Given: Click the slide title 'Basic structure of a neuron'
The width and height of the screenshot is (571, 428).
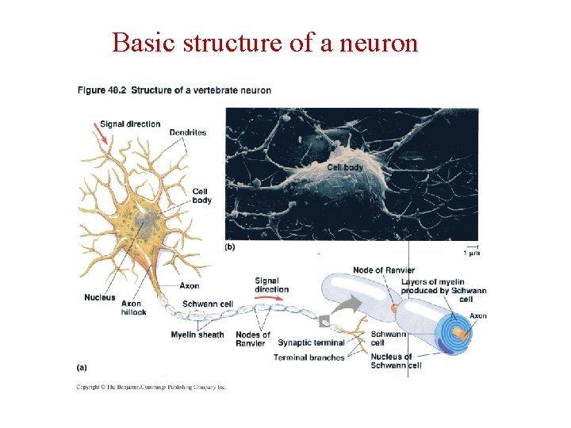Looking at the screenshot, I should [x=265, y=42].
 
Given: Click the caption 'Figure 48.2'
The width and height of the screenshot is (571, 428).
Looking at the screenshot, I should [x=102, y=90].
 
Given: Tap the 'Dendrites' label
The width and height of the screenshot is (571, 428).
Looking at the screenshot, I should [x=187, y=132].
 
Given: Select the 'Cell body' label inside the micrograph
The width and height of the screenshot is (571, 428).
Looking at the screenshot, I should [x=345, y=167].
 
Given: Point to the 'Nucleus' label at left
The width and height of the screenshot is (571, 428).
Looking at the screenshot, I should [x=100, y=297].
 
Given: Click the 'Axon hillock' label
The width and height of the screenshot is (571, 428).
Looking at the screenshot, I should [x=133, y=308].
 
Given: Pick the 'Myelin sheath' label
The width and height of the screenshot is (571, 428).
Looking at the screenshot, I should [x=197, y=334].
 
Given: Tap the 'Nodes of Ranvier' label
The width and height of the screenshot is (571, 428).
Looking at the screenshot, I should [x=252, y=338].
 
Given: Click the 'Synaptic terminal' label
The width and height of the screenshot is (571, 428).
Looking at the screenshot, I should [x=311, y=342].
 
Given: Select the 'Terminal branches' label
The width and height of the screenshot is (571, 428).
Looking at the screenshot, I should [x=308, y=357].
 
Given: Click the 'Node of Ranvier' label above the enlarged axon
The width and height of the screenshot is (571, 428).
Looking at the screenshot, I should [x=383, y=270].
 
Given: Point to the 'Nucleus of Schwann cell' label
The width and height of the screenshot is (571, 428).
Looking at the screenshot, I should [x=396, y=361].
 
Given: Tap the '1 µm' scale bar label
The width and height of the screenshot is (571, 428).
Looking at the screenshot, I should [x=471, y=253].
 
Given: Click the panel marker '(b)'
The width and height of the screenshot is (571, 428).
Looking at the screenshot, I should [x=229, y=246].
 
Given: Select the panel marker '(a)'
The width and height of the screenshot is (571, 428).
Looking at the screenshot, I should [x=81, y=367].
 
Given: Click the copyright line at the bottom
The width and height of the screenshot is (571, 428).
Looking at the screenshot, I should [x=151, y=387].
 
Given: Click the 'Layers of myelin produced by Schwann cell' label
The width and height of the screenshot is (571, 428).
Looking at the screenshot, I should [x=443, y=290].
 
